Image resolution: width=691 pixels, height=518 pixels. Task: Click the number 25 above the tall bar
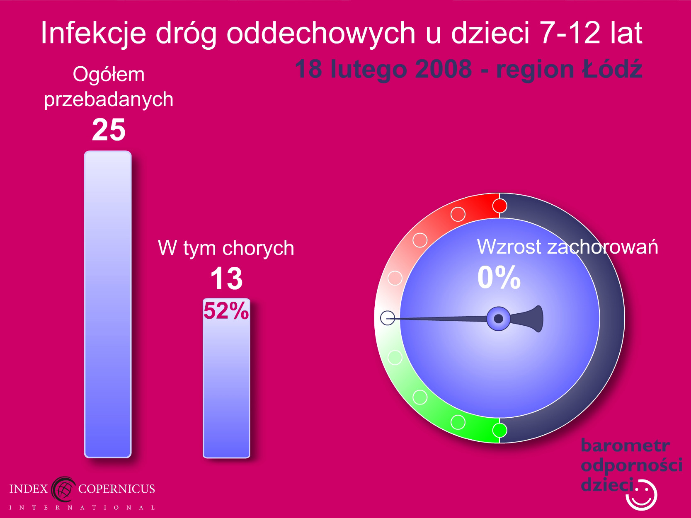pyautogui.click(x=109, y=130)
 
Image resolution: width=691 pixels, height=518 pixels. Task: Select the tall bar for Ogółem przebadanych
pyautogui.click(x=108, y=304)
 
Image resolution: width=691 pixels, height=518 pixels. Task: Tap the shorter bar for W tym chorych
pyautogui.click(x=226, y=378)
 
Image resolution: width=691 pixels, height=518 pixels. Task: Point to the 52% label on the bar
pyautogui.click(x=226, y=311)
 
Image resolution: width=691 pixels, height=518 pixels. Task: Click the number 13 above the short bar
pyautogui.click(x=226, y=278)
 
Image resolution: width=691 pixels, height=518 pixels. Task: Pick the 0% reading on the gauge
pyautogui.click(x=499, y=277)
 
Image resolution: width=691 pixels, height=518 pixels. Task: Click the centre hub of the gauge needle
pyautogui.click(x=498, y=319)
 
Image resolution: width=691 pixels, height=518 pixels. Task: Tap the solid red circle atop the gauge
pyautogui.click(x=499, y=206)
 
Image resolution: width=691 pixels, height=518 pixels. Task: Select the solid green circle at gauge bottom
pyautogui.click(x=499, y=430)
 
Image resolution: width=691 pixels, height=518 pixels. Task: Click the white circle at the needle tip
pyautogui.click(x=388, y=318)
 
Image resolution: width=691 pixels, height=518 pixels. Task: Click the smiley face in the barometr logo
pyautogui.click(x=642, y=494)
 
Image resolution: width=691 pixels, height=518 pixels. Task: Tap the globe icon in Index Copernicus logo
pyautogui.click(x=63, y=489)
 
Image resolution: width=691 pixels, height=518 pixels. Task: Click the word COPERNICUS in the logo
pyautogui.click(x=116, y=489)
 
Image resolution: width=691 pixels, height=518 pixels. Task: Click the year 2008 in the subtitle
pyautogui.click(x=444, y=69)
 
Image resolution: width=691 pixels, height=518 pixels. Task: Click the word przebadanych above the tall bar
pyautogui.click(x=109, y=100)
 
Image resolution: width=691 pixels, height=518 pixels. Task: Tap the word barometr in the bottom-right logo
pyautogui.click(x=625, y=445)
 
